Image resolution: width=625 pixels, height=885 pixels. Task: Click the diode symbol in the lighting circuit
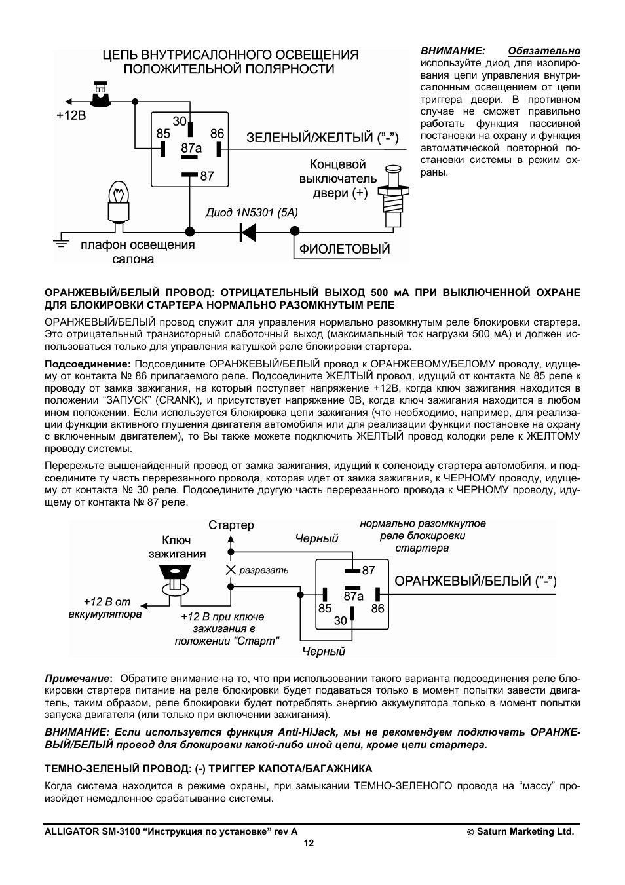[248, 231]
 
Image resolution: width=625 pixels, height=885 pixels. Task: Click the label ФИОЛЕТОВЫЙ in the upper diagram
[345, 249]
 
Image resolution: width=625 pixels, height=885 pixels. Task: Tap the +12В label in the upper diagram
[71, 117]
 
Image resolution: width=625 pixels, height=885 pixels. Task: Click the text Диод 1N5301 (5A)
[252, 213]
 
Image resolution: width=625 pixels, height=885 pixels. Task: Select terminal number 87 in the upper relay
[207, 176]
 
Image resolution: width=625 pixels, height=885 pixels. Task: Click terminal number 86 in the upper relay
[217, 134]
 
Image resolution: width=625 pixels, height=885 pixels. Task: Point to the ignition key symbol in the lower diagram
[174, 580]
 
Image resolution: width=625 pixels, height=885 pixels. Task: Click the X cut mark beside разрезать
[230, 570]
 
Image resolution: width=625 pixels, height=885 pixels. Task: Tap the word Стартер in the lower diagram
[231, 525]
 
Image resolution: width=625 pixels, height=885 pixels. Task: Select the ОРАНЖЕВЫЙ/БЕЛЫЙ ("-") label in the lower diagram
[475, 581]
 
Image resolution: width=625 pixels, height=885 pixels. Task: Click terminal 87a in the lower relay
[353, 595]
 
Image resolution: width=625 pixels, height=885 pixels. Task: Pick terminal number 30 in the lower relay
[341, 620]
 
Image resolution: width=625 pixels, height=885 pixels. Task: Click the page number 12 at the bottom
[309, 843]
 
